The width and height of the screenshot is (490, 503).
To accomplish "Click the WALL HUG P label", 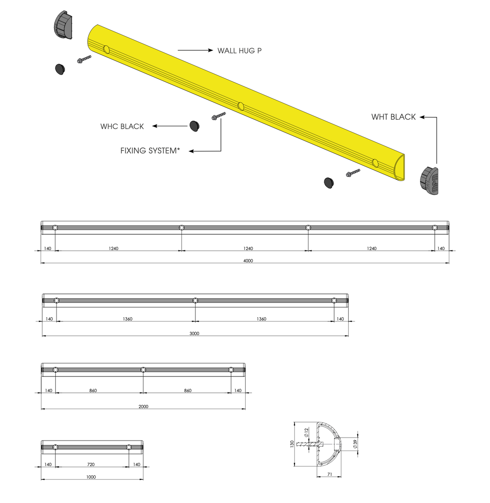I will (239, 51).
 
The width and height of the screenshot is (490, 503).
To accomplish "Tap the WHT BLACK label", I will (393, 117).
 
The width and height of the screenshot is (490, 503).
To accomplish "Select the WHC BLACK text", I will (122, 127).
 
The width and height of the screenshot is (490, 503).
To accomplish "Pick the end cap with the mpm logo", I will (429, 181).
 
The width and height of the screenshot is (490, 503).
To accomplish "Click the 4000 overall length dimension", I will (248, 261).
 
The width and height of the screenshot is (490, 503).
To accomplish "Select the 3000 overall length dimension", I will (194, 334).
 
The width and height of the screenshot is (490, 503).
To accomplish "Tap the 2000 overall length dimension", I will (143, 406).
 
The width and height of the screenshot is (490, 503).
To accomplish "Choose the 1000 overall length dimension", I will (91, 477).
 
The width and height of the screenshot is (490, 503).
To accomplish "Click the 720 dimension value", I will (91, 464).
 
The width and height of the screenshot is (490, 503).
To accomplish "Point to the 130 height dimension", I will (292, 444).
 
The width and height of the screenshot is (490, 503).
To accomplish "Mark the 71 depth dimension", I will (329, 474).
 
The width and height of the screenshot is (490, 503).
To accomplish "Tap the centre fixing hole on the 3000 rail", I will (195, 301).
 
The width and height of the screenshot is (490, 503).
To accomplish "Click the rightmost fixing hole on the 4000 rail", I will (435, 228).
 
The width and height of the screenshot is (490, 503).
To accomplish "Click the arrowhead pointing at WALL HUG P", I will (210, 50).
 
